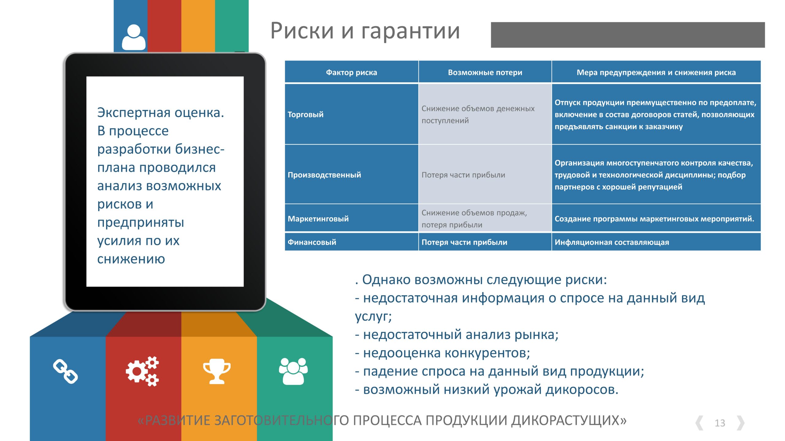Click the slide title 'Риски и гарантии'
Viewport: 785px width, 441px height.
[x=365, y=31]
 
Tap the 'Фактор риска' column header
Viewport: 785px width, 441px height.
[x=351, y=73]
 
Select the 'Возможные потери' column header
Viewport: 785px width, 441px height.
[x=485, y=73]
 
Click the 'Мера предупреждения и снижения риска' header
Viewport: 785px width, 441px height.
[x=656, y=73]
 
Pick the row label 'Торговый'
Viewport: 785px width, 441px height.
[x=305, y=115]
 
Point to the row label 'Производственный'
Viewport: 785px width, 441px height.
[x=324, y=175]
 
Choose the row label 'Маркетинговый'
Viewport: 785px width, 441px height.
[x=318, y=219]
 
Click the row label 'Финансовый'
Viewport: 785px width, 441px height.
[x=312, y=242]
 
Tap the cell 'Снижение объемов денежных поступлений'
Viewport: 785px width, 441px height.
[x=478, y=115]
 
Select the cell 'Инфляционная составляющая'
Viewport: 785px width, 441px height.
[x=612, y=242]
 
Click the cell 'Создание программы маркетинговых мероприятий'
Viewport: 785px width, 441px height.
[x=654, y=219]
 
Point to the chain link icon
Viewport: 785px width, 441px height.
[x=65, y=371]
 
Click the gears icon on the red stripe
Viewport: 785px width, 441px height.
[x=142, y=371]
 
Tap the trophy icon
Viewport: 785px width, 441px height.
[x=217, y=371]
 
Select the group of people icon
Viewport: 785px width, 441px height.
[x=293, y=371]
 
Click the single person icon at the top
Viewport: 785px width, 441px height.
[x=134, y=37]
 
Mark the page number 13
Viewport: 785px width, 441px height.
[x=720, y=423]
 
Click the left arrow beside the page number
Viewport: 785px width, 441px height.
[x=699, y=423]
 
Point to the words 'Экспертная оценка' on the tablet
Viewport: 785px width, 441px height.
[x=160, y=113]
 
